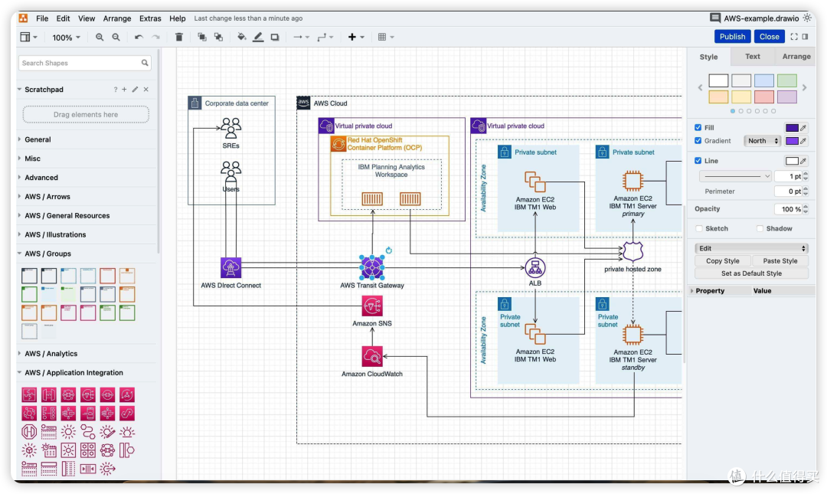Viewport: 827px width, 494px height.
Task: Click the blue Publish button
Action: pyautogui.click(x=732, y=37)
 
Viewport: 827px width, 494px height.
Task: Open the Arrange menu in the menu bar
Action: pyautogui.click(x=117, y=18)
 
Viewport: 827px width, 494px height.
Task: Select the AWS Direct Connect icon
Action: pyautogui.click(x=230, y=267)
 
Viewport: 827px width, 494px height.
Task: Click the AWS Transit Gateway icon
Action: pyautogui.click(x=372, y=267)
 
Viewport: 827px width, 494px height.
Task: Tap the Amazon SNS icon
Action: pyautogui.click(x=372, y=306)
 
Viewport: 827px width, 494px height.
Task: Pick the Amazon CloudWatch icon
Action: pyautogui.click(x=372, y=356)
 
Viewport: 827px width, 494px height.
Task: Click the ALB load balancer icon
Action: pyautogui.click(x=534, y=267)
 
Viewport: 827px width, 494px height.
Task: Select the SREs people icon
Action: pyautogui.click(x=230, y=128)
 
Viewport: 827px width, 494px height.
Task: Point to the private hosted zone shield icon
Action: pyautogui.click(x=633, y=252)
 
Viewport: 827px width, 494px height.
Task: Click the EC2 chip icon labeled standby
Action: pyautogui.click(x=633, y=335)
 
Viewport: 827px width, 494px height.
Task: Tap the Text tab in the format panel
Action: pyautogui.click(x=752, y=57)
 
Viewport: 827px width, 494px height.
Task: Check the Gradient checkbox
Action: pyautogui.click(x=698, y=140)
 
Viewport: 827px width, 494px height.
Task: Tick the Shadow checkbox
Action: pyautogui.click(x=760, y=228)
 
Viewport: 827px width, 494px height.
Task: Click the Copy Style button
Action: pyautogui.click(x=723, y=260)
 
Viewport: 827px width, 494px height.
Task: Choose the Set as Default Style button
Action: pyautogui.click(x=751, y=273)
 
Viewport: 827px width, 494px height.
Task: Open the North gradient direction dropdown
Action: pyautogui.click(x=763, y=141)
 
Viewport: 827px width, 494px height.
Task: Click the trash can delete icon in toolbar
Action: pyautogui.click(x=178, y=37)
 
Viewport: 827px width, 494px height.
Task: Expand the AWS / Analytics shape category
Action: pyautogui.click(x=51, y=354)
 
